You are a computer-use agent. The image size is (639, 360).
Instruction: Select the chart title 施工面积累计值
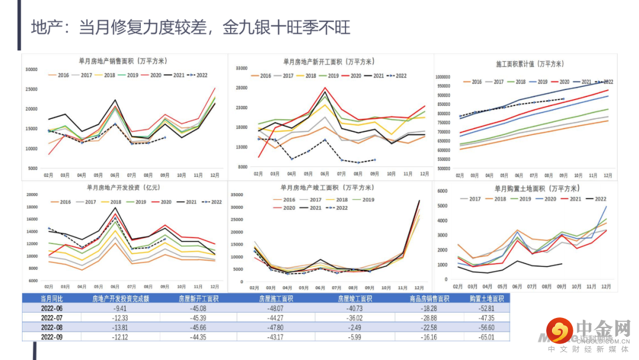(530, 64)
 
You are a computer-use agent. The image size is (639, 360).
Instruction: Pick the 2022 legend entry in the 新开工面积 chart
(397, 76)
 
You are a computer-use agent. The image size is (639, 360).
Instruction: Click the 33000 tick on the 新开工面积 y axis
(241, 68)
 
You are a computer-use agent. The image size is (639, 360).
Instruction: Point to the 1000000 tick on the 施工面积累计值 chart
(446, 77)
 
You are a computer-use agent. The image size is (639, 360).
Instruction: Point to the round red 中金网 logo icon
(559, 331)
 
